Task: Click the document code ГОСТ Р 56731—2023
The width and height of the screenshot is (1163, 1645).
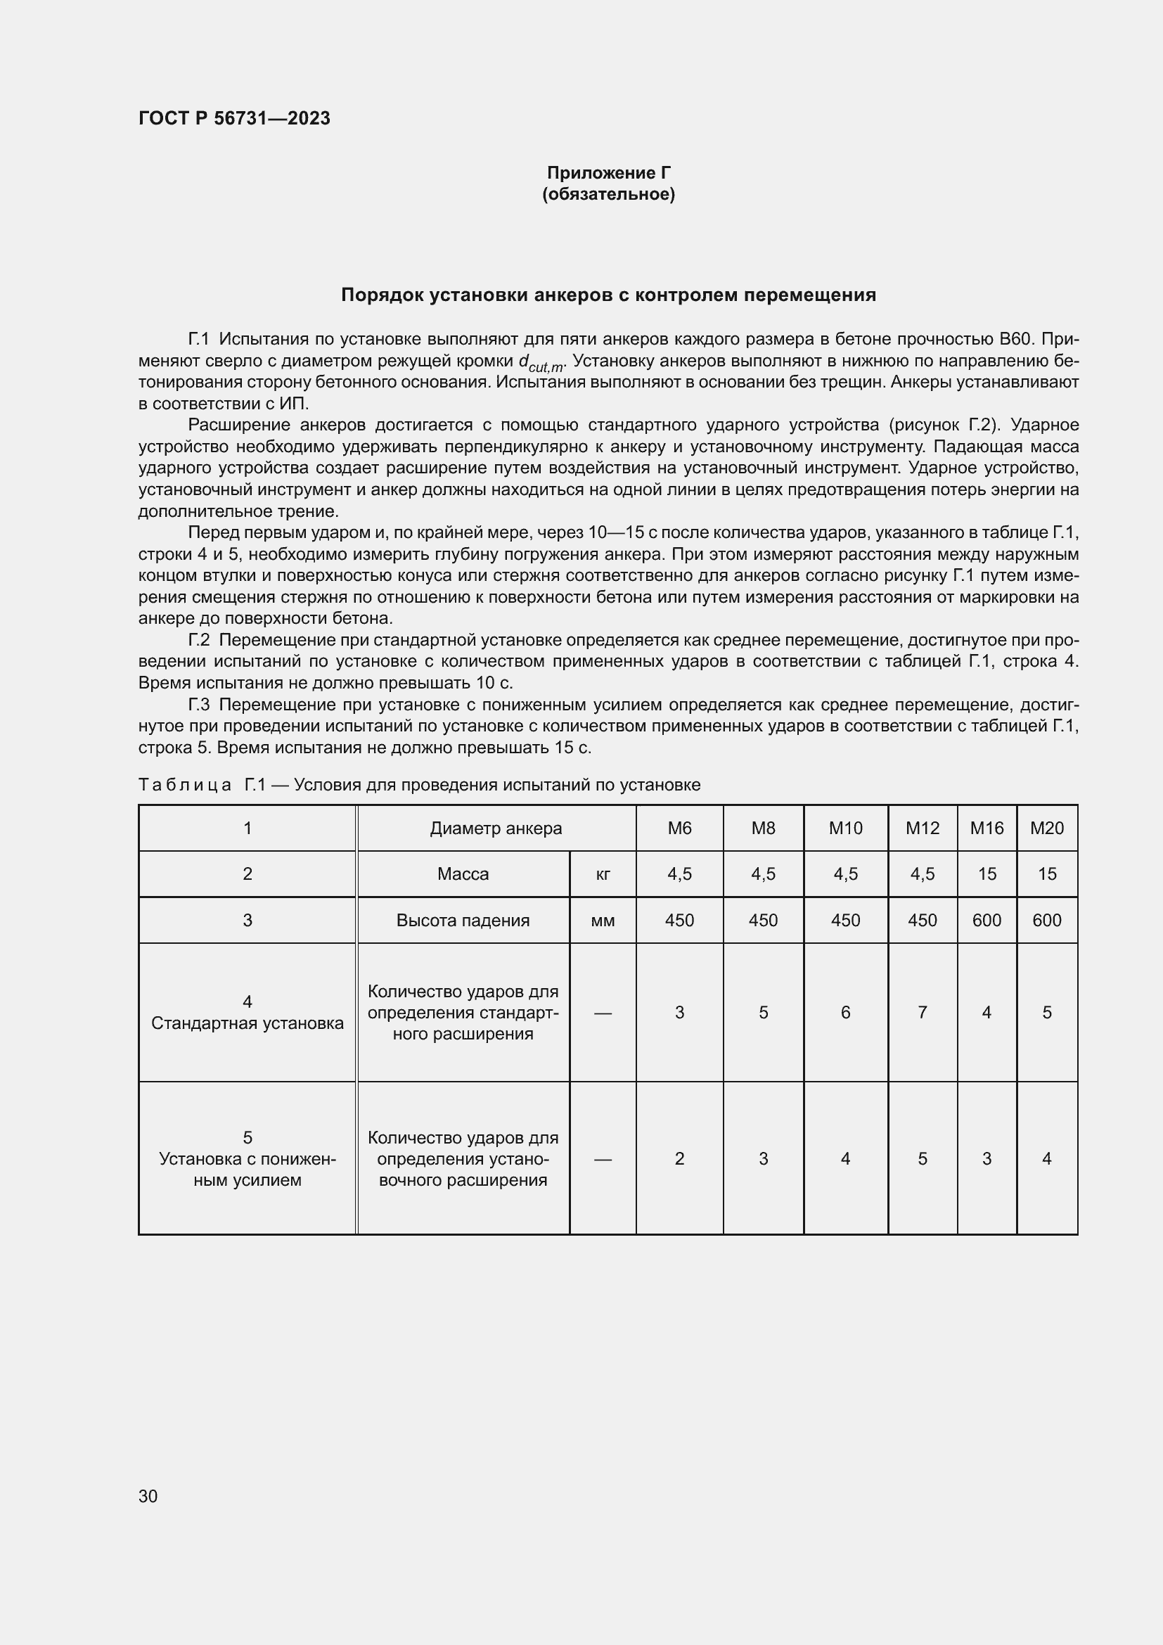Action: pyautogui.click(x=234, y=118)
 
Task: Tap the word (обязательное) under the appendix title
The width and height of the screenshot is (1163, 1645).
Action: pyautogui.click(x=608, y=194)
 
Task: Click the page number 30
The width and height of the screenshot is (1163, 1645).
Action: pyautogui.click(x=148, y=1496)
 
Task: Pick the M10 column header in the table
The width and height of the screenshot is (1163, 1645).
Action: pyautogui.click(x=845, y=828)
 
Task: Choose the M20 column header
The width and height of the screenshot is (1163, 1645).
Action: pyautogui.click(x=1046, y=828)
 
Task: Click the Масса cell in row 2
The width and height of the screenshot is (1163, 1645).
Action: pyautogui.click(x=463, y=874)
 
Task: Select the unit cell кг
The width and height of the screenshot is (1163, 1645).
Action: pyautogui.click(x=603, y=874)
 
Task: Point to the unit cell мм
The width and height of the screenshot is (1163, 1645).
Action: pyautogui.click(x=603, y=921)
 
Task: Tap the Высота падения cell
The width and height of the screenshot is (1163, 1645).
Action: pyautogui.click(x=463, y=921)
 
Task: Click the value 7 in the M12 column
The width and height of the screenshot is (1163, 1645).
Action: pyautogui.click(x=922, y=1012)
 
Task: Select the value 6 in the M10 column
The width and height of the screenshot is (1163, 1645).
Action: pyautogui.click(x=845, y=1012)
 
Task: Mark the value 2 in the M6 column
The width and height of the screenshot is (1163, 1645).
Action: pyautogui.click(x=679, y=1158)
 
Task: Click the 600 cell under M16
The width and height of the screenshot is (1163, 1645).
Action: pyautogui.click(x=986, y=921)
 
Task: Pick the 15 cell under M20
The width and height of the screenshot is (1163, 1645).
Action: pyautogui.click(x=1046, y=874)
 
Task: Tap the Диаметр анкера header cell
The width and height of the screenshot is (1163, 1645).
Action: pyautogui.click(x=496, y=828)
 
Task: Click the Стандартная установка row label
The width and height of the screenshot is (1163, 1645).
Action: pyautogui.click(x=247, y=1023)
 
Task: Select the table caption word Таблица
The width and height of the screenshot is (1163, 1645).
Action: pyautogui.click(x=185, y=786)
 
